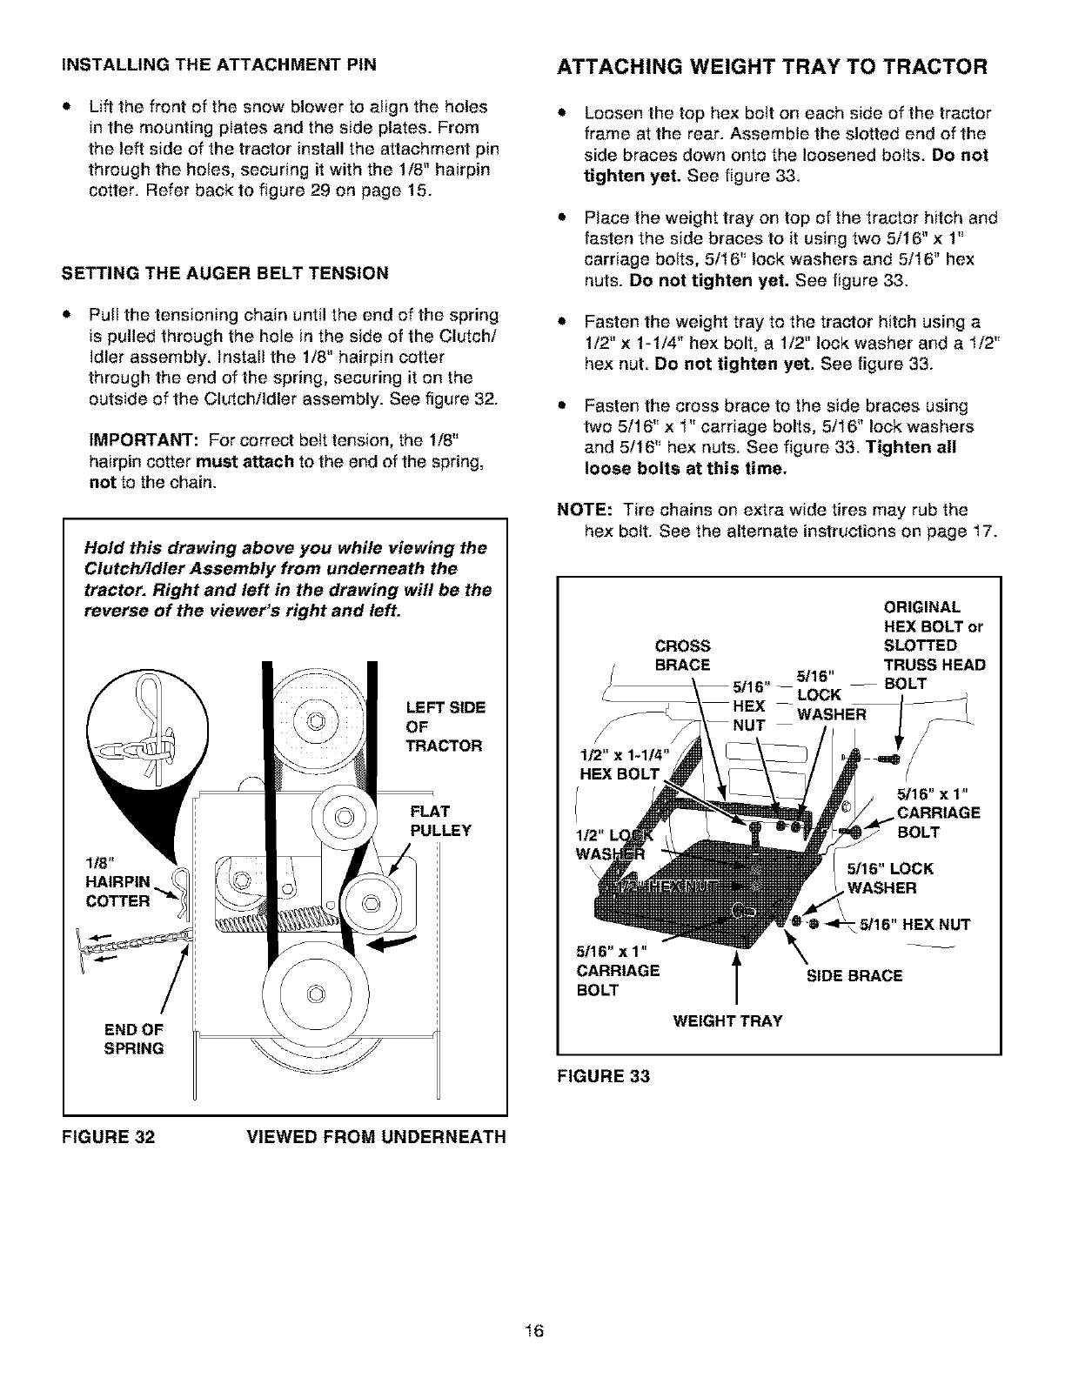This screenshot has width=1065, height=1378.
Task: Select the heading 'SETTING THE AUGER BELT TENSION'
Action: pyautogui.click(x=224, y=273)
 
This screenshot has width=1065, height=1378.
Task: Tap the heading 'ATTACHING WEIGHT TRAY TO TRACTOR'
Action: pyautogui.click(x=772, y=67)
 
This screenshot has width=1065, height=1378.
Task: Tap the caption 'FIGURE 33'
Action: pyautogui.click(x=603, y=1076)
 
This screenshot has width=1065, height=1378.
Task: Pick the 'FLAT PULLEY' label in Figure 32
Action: pyautogui.click(x=439, y=821)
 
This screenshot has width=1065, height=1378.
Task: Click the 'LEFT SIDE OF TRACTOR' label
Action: pyautogui.click(x=444, y=726)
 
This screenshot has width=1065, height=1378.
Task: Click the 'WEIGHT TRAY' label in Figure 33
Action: pyautogui.click(x=727, y=1020)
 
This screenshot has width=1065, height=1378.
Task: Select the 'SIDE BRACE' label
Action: pyautogui.click(x=854, y=975)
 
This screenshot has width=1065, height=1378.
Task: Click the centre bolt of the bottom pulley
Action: pyautogui.click(x=315, y=993)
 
